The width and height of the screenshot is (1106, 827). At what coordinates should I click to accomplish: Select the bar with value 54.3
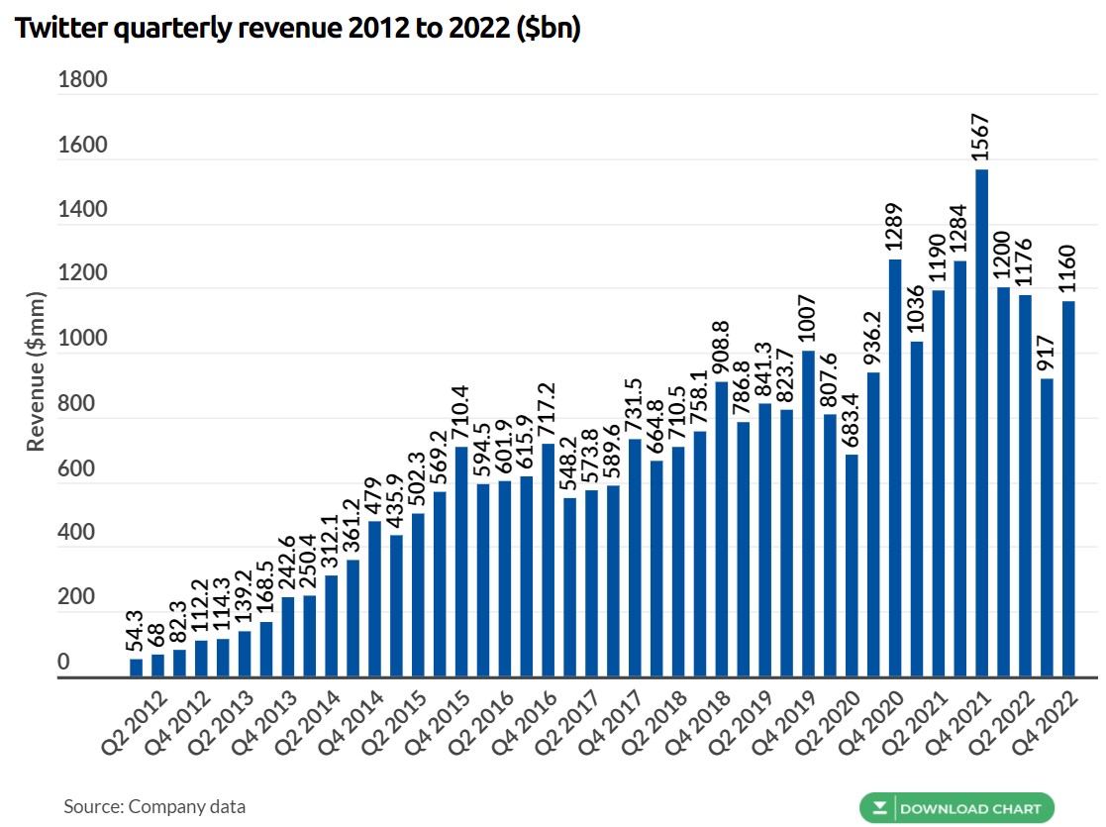(x=136, y=669)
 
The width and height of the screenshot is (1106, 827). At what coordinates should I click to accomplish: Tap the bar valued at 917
(x=1047, y=528)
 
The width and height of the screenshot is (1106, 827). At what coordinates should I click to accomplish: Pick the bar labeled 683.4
(x=852, y=566)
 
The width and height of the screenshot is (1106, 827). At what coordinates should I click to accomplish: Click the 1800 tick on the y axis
(x=83, y=80)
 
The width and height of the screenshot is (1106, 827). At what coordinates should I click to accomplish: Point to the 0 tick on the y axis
(x=63, y=662)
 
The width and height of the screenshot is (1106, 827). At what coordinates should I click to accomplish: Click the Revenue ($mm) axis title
(x=37, y=370)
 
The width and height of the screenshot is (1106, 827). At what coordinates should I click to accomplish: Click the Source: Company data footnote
(x=154, y=806)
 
